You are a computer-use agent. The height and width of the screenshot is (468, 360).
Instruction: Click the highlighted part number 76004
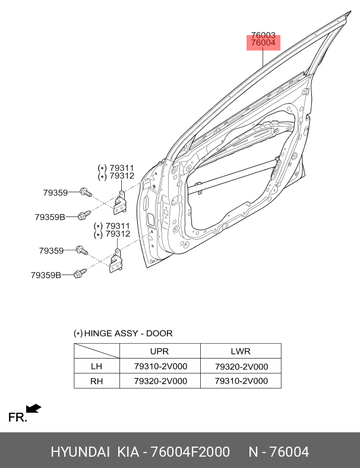pos(263,43)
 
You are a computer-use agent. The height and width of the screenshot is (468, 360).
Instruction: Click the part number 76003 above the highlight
pos(263,35)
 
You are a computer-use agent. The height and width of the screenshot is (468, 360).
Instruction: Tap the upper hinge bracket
pos(120,202)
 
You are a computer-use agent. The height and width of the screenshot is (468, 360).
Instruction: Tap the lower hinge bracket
pos(116,260)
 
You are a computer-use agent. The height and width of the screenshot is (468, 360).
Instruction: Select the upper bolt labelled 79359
pos(86,193)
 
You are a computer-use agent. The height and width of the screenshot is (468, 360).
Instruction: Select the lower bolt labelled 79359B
pos(80,274)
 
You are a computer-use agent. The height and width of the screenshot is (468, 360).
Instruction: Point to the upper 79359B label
pos(50,217)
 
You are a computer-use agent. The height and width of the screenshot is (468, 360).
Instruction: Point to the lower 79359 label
pos(51,250)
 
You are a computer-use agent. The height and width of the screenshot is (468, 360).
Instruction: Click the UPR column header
pos(160,351)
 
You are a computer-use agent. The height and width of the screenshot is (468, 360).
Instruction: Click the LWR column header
pos(241,351)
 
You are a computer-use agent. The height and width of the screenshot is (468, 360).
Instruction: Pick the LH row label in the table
pos(96,366)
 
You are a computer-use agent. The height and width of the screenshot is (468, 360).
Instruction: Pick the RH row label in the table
pos(96,381)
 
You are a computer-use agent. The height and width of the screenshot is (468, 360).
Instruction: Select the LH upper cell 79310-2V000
pos(160,366)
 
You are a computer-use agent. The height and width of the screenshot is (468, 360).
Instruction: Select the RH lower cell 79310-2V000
pos(241,381)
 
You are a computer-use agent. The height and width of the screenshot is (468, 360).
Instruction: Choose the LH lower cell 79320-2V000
pos(241,366)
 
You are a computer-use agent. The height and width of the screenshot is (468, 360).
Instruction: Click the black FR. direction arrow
pos(33,409)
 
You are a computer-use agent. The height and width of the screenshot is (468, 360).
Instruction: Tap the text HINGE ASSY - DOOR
pos(128,334)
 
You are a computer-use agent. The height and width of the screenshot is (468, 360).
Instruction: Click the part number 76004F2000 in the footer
pos(190,452)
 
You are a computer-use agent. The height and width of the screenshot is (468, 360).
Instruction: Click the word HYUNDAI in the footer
pos(80,452)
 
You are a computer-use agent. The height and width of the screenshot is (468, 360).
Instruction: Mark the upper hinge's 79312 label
pos(122,176)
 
